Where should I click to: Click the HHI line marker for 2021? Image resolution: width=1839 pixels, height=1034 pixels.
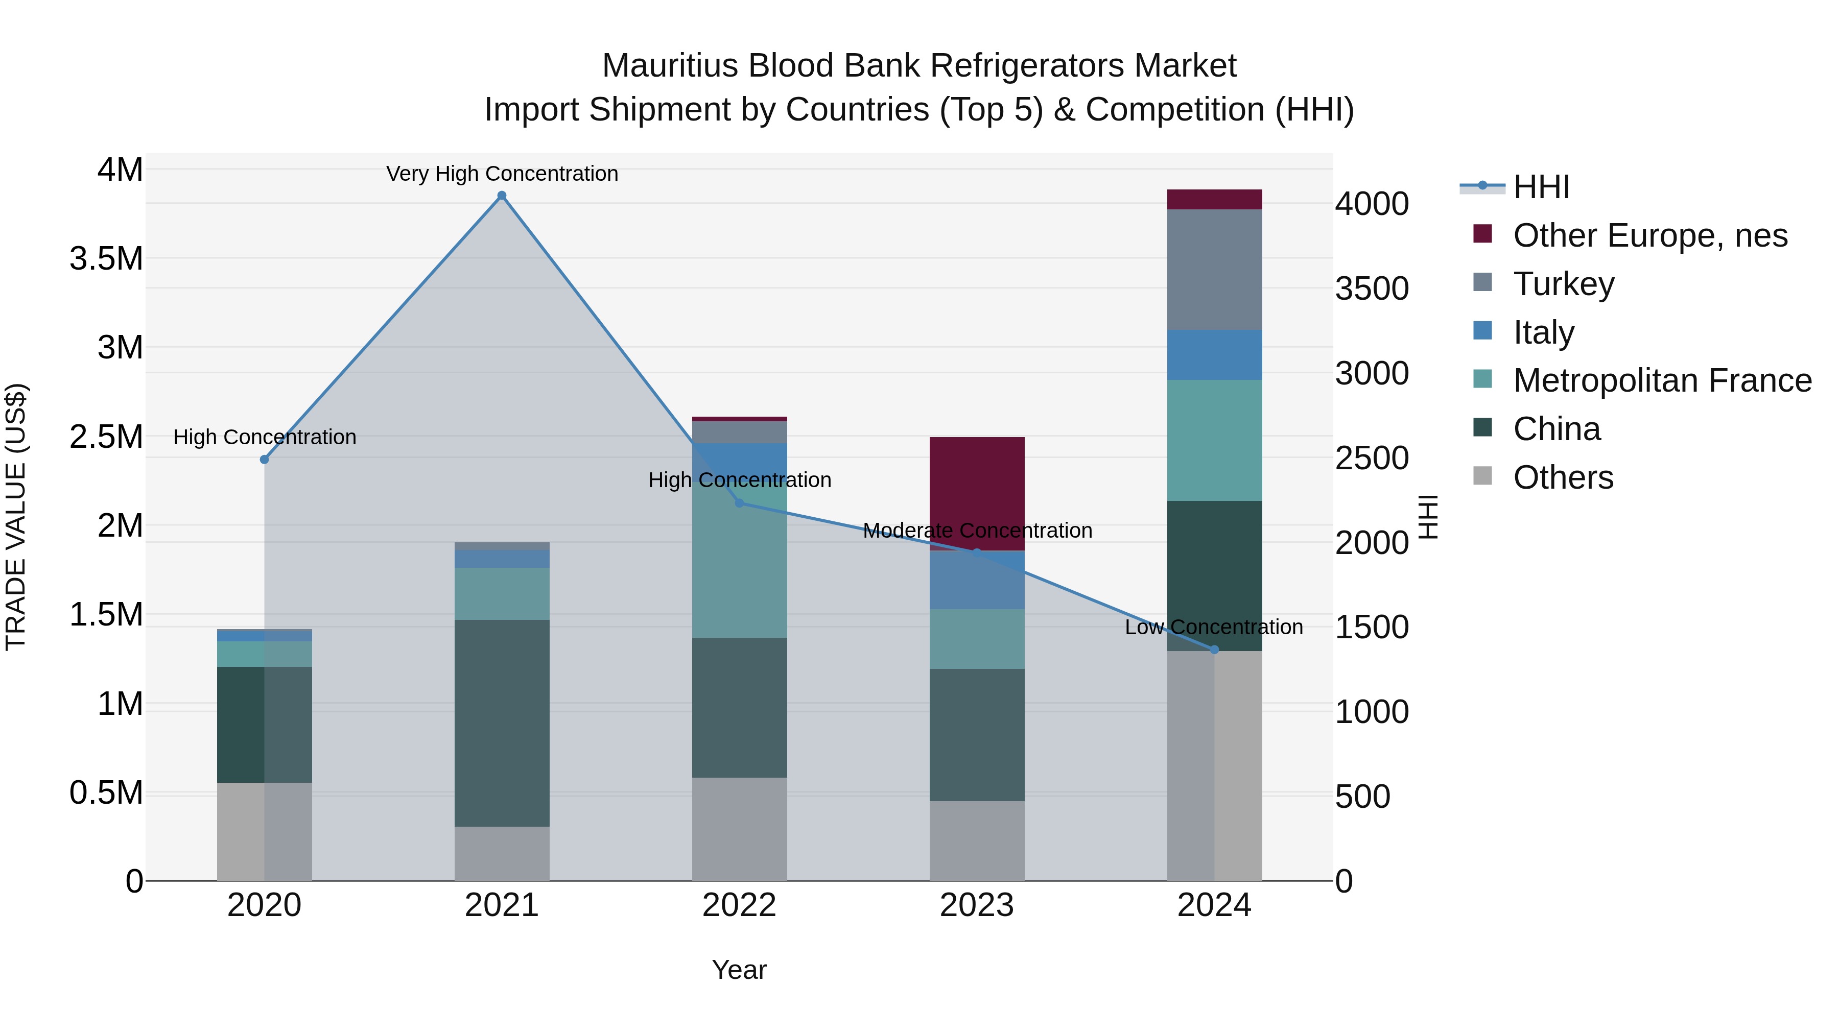pyautogui.click(x=502, y=196)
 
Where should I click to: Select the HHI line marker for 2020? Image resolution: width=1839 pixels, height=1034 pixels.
pyautogui.click(x=264, y=460)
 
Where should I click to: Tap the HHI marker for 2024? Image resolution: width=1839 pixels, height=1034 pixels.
pyautogui.click(x=1214, y=650)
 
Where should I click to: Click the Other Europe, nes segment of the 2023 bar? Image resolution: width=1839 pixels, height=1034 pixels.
pyautogui.click(x=977, y=492)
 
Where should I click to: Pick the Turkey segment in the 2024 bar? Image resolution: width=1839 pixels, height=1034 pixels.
pyautogui.click(x=1214, y=269)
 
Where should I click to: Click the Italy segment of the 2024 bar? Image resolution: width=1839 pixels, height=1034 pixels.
pyautogui.click(x=1214, y=355)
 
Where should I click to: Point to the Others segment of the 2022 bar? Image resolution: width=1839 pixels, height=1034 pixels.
pyautogui.click(x=740, y=829)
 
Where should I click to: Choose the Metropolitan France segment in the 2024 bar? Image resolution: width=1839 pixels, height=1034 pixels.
pyautogui.click(x=1214, y=440)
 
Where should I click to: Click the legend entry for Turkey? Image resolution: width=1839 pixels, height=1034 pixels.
pyautogui.click(x=1564, y=284)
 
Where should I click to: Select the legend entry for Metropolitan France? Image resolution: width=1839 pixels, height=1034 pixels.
pyautogui.click(x=1662, y=380)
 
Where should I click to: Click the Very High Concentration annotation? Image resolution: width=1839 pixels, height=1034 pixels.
pyautogui.click(x=502, y=174)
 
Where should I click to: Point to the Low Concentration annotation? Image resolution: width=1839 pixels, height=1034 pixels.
pyautogui.click(x=1214, y=627)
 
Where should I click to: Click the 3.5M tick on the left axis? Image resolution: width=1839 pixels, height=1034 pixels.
pyautogui.click(x=106, y=258)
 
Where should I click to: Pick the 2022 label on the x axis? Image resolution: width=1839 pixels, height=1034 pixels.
pyautogui.click(x=740, y=905)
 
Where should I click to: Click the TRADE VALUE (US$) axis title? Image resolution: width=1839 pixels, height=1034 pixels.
pyautogui.click(x=16, y=517)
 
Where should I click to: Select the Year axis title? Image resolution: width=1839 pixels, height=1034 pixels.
pyautogui.click(x=740, y=970)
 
